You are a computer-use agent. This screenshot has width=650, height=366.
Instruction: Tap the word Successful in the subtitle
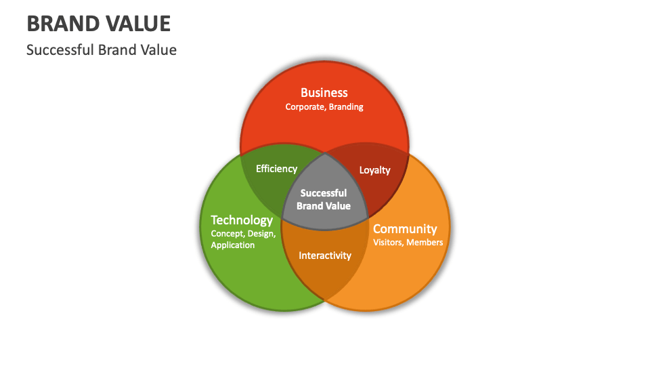point(60,50)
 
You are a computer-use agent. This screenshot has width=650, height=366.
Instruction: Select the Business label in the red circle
point(324,92)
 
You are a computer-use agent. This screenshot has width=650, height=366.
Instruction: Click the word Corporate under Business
point(305,107)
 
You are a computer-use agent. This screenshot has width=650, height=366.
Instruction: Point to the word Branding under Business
point(347,107)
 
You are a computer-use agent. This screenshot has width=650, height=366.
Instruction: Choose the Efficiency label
point(276,169)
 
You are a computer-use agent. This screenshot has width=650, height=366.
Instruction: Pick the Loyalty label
point(374,170)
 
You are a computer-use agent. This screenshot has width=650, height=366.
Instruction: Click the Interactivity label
point(325,256)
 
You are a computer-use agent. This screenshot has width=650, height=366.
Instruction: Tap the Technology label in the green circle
point(242,220)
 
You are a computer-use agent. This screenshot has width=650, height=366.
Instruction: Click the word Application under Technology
point(233,245)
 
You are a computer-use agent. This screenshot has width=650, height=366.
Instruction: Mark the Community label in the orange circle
point(405,228)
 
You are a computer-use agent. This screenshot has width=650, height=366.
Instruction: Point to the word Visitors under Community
point(388,243)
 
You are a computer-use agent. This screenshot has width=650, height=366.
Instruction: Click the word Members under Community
point(425,243)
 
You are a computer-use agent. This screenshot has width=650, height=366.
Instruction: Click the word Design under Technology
point(261,234)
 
